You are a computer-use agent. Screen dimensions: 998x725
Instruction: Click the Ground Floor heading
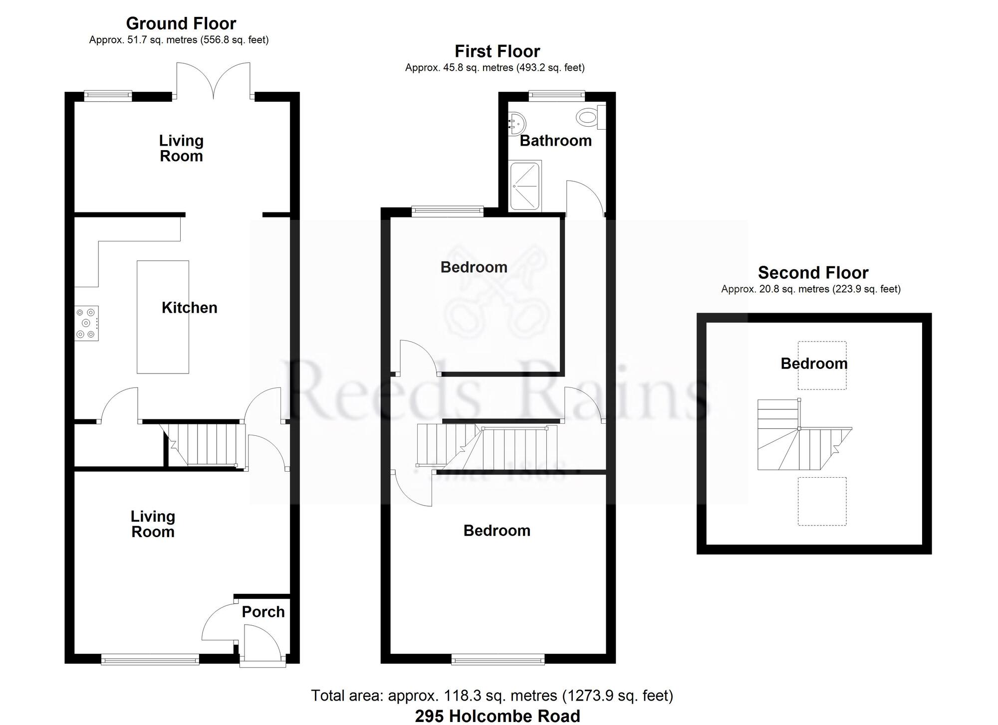point(181,23)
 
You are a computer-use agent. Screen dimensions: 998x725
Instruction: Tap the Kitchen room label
point(190,308)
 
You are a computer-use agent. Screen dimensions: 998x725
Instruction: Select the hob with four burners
point(87,323)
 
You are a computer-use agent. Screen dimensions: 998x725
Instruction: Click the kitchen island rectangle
point(163,317)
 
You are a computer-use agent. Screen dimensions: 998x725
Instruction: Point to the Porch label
point(263,612)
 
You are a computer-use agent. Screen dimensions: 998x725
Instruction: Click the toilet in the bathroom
point(591,118)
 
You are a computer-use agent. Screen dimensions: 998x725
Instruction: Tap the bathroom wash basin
point(516,123)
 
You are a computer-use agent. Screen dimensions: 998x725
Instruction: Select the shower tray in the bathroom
point(525,186)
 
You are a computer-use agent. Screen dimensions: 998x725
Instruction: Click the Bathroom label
point(556,141)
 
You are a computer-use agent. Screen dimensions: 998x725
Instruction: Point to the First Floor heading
point(497,51)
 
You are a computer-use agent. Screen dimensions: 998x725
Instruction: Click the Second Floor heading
point(813,273)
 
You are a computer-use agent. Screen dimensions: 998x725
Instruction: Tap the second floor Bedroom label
point(814,363)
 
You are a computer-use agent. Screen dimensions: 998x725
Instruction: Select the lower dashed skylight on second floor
point(822,501)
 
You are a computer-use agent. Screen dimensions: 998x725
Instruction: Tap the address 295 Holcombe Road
point(498,716)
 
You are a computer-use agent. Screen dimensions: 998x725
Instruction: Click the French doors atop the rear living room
point(214,81)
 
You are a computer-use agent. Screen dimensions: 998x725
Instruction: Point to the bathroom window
point(557,93)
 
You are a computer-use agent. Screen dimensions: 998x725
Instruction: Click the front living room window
point(150,660)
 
